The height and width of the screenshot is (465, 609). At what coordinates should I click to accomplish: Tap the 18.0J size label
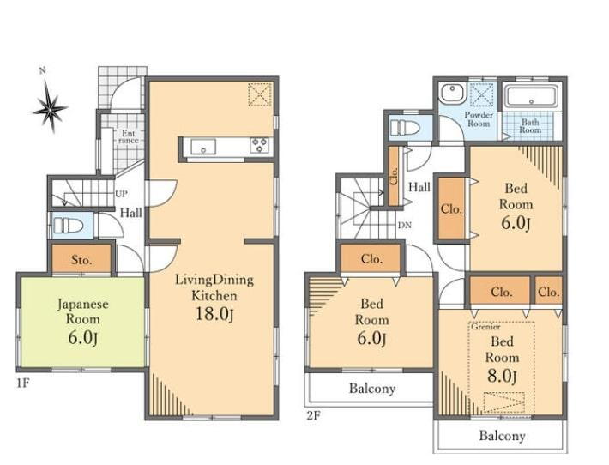214,314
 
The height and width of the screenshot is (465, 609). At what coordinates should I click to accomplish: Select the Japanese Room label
82,311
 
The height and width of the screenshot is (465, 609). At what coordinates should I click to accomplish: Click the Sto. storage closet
81,258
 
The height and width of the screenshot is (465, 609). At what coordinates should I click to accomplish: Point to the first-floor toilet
69,226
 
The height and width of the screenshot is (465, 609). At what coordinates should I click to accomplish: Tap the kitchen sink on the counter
203,147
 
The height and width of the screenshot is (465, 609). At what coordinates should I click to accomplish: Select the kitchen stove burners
259,145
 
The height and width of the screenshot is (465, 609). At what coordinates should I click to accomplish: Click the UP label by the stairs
122,193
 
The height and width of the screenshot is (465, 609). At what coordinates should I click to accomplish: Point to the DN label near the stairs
404,226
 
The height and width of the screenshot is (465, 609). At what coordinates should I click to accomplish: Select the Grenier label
485,327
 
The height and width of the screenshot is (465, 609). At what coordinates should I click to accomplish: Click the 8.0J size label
502,376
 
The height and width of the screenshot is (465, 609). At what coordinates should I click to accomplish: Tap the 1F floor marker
22,383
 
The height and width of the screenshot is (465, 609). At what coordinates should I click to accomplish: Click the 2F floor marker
313,416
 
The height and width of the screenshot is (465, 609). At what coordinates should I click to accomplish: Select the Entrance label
128,136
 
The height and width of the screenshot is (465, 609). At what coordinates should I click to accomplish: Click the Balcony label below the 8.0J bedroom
502,436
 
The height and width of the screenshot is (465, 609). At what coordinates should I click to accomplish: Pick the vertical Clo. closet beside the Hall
394,176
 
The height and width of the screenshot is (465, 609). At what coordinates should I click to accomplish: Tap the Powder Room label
479,119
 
